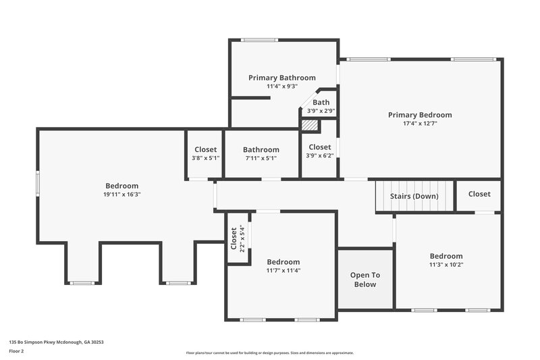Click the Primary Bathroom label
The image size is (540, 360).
coord(281,78)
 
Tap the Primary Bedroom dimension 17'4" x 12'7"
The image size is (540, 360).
coord(420,124)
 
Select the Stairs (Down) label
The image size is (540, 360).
coord(414,196)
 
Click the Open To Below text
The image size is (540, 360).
coord(364,280)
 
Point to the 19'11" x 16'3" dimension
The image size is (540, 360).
coord(122,195)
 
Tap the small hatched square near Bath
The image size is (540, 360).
coord(309,125)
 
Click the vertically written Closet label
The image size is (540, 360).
coord(234,238)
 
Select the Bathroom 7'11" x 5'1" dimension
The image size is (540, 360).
coord(261,158)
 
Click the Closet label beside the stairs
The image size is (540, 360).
coord(479,194)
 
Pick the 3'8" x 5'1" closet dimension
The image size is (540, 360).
coord(205,158)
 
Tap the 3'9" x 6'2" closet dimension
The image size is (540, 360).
coord(319,155)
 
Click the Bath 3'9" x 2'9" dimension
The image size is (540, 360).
coord(321,111)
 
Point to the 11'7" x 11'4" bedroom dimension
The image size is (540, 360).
coord(283,270)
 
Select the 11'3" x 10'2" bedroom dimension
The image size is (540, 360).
coord(446,265)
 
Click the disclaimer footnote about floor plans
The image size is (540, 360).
coord(270,353)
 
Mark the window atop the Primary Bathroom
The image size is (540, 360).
coord(255,40)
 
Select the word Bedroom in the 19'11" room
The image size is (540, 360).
coord(122,186)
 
